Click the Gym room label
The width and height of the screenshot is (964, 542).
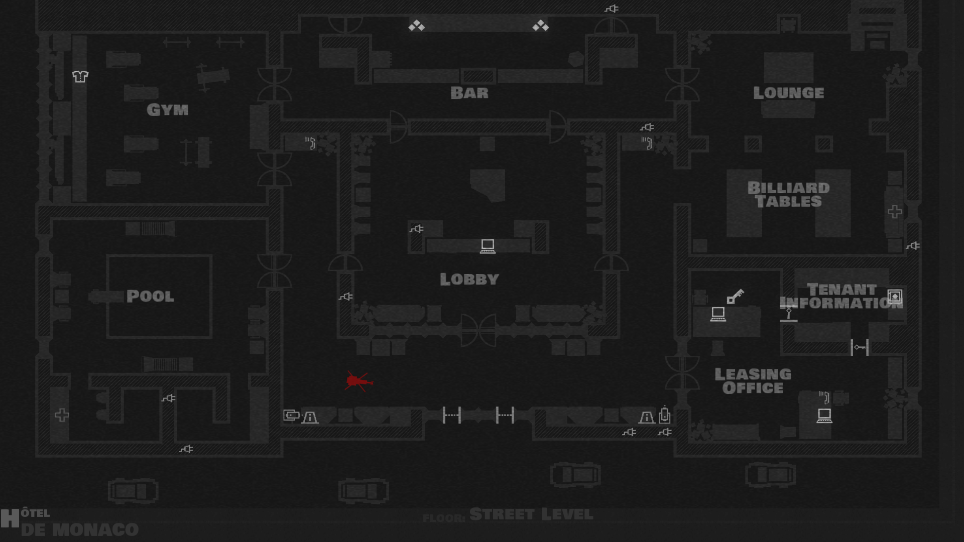(168, 110)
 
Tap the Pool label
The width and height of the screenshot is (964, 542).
(150, 296)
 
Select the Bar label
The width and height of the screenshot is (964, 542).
(469, 93)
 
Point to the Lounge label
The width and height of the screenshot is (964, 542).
(789, 93)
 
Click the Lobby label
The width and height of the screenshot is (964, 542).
(469, 279)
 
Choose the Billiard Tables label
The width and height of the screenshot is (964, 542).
(789, 195)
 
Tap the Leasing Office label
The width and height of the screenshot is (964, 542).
(753, 381)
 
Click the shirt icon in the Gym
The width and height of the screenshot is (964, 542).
(80, 76)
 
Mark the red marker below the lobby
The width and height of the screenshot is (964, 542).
(358, 381)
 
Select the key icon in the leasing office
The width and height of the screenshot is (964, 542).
(735, 296)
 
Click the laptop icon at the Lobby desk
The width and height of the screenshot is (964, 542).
(488, 246)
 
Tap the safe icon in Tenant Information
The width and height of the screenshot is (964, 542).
(895, 296)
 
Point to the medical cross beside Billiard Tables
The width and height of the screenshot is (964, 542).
(895, 212)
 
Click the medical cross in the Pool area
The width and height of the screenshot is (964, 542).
(62, 415)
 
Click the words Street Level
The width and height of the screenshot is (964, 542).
(531, 515)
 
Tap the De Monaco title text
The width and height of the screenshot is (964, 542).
(79, 530)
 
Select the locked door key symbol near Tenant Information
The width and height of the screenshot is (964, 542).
(860, 347)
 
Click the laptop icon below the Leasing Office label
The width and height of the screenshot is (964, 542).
(824, 416)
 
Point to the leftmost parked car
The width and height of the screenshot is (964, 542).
(133, 491)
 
